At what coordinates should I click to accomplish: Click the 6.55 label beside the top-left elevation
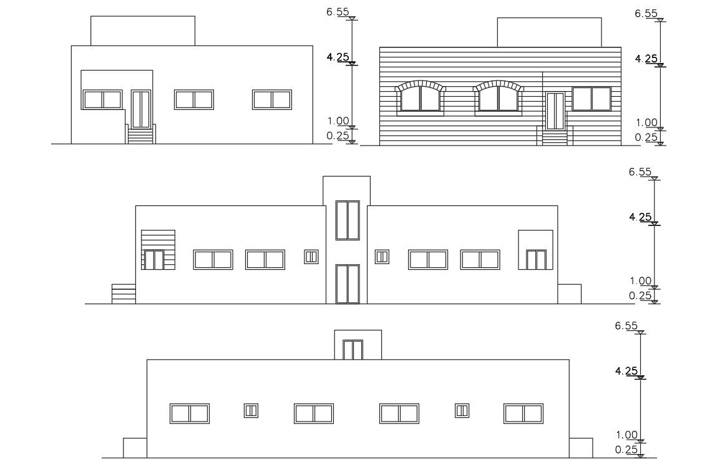[x=338, y=12]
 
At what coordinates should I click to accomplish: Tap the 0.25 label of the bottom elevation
[x=626, y=450]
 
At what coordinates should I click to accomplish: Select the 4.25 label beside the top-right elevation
[x=646, y=59]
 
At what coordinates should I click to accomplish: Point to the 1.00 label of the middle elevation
[x=640, y=281]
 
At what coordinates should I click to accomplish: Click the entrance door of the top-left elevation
[x=141, y=109]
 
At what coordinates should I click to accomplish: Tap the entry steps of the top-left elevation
[x=141, y=134]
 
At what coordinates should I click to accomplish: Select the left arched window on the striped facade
[x=421, y=99]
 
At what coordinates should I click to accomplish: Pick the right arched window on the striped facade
[x=498, y=99]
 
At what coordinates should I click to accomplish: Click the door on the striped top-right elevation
[x=555, y=111]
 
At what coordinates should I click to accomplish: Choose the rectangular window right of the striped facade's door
[x=591, y=99]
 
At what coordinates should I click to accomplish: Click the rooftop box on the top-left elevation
[x=143, y=31]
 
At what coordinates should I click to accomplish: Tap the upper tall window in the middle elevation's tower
[x=348, y=220]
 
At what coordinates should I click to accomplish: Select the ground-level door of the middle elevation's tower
[x=348, y=284]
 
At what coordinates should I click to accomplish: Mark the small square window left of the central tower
[x=311, y=257]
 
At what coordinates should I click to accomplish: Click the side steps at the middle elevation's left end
[x=124, y=294]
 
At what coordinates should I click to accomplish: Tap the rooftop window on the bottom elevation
[x=353, y=350]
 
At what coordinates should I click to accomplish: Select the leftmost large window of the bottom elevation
[x=190, y=413]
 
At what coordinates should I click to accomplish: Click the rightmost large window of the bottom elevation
[x=523, y=413]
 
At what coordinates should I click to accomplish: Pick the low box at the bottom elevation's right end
[x=581, y=448]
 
